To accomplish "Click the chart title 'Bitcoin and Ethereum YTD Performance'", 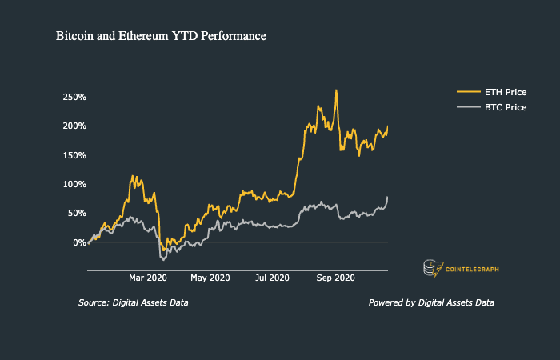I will [161, 37].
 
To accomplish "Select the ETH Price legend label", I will [505, 92].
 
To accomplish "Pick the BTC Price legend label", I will [505, 107].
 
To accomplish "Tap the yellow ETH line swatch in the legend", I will [466, 92].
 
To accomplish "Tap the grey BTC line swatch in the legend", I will [466, 107].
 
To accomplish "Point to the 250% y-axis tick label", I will [74, 97].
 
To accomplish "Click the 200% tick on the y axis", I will [74, 126].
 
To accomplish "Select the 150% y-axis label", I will [74, 155].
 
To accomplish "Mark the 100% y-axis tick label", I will [74, 184].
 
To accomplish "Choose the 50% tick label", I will [76, 213].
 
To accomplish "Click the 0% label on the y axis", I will [78, 242].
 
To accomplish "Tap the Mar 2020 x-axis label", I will [147, 278].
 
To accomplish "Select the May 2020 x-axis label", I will [210, 278].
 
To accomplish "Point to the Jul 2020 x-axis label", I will [272, 278].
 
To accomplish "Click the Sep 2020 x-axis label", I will [335, 278].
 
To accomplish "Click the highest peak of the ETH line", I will [336, 90].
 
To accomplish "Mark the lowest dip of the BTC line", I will [163, 259].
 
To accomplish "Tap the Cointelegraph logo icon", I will [433, 269].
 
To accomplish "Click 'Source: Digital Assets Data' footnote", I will [134, 303].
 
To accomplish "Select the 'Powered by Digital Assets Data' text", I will [431, 303].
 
